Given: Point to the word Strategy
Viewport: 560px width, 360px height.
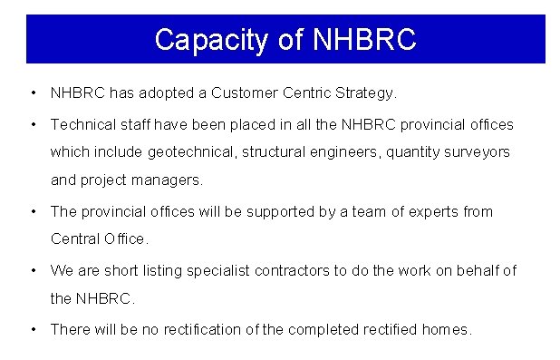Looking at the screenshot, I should [x=365, y=92].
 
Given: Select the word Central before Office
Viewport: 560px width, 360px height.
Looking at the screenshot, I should [x=75, y=239].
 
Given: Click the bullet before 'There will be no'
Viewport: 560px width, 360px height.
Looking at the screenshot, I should [x=33, y=329].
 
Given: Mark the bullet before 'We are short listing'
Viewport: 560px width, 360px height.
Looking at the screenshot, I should [x=33, y=270].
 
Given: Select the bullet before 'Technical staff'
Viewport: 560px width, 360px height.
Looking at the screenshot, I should [x=33, y=123].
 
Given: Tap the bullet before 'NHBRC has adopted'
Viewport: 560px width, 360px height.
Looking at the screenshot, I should [x=33, y=92].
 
